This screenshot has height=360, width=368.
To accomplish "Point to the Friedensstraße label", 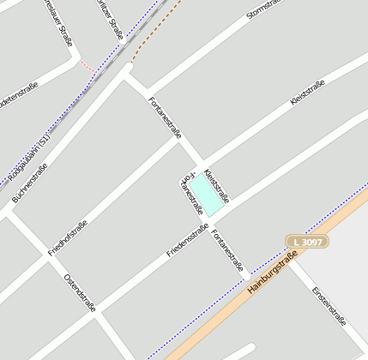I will click(x=188, y=241).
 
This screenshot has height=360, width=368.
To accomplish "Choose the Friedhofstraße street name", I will click(x=68, y=237).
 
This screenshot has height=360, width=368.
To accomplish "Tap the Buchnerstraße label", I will click(x=29, y=183).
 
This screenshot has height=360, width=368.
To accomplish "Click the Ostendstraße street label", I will click(x=80, y=293).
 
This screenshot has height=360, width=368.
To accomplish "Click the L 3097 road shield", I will click(x=306, y=243).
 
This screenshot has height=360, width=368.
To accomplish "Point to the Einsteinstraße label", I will click(x=329, y=304).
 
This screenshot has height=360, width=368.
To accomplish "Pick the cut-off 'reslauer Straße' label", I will click(x=58, y=23).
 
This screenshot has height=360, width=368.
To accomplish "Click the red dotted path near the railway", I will click(x=87, y=67).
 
